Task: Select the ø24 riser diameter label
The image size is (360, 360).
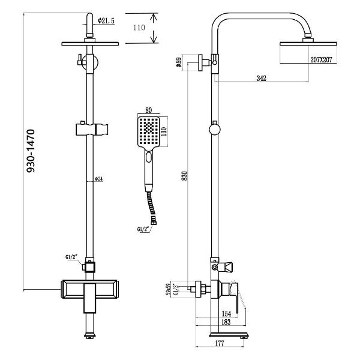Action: click(99, 179)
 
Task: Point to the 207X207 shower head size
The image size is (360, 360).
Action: click(321, 59)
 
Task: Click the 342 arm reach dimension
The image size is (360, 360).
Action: click(260, 78)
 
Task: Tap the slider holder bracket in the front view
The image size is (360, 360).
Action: click(92, 128)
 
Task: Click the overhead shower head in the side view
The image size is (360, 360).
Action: click(307, 53)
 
